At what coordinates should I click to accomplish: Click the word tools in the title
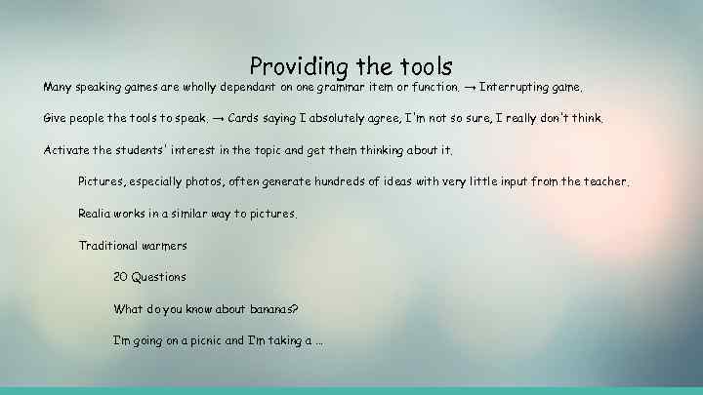pyautogui.click(x=426, y=66)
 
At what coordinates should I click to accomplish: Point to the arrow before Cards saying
pyautogui.click(x=218, y=119)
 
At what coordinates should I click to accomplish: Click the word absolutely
pyautogui.click(x=343, y=119)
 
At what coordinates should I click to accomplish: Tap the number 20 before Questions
pyautogui.click(x=121, y=277)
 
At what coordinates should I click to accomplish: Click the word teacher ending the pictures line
pyautogui.click(x=604, y=181)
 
